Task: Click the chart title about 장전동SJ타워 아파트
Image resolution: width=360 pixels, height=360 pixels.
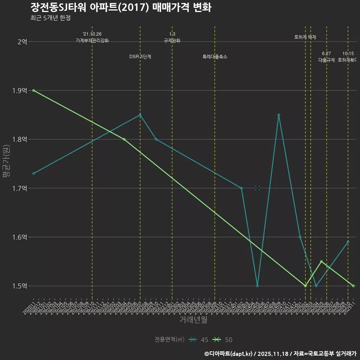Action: point(120,7)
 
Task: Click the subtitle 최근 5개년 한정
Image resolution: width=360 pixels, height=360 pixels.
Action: point(50,18)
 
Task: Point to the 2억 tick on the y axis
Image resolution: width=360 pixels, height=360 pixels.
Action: point(22,42)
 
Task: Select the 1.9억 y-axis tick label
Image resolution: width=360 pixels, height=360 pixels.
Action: point(20,90)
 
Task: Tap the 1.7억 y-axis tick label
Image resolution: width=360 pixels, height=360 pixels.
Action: point(20,188)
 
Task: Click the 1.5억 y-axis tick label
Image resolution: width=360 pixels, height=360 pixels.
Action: point(20,286)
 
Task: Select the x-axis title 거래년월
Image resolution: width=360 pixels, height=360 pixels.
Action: point(193,320)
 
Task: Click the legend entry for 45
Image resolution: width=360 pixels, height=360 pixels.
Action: point(199,340)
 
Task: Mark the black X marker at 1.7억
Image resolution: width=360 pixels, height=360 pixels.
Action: point(257,188)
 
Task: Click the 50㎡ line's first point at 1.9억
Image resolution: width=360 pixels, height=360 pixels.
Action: point(34,90)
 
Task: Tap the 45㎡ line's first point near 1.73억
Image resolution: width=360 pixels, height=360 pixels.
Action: point(34,173)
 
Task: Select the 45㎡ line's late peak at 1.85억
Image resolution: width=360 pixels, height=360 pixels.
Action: point(279,115)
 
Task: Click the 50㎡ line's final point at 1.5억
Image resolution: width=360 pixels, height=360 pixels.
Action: point(353,286)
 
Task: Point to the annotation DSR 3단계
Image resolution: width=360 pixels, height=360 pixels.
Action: point(140,57)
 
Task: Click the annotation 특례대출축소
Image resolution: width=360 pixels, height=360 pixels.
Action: point(215,57)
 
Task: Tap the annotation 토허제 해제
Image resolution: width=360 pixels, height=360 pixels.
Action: point(305,37)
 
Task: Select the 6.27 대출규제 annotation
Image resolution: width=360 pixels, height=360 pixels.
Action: point(326,57)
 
